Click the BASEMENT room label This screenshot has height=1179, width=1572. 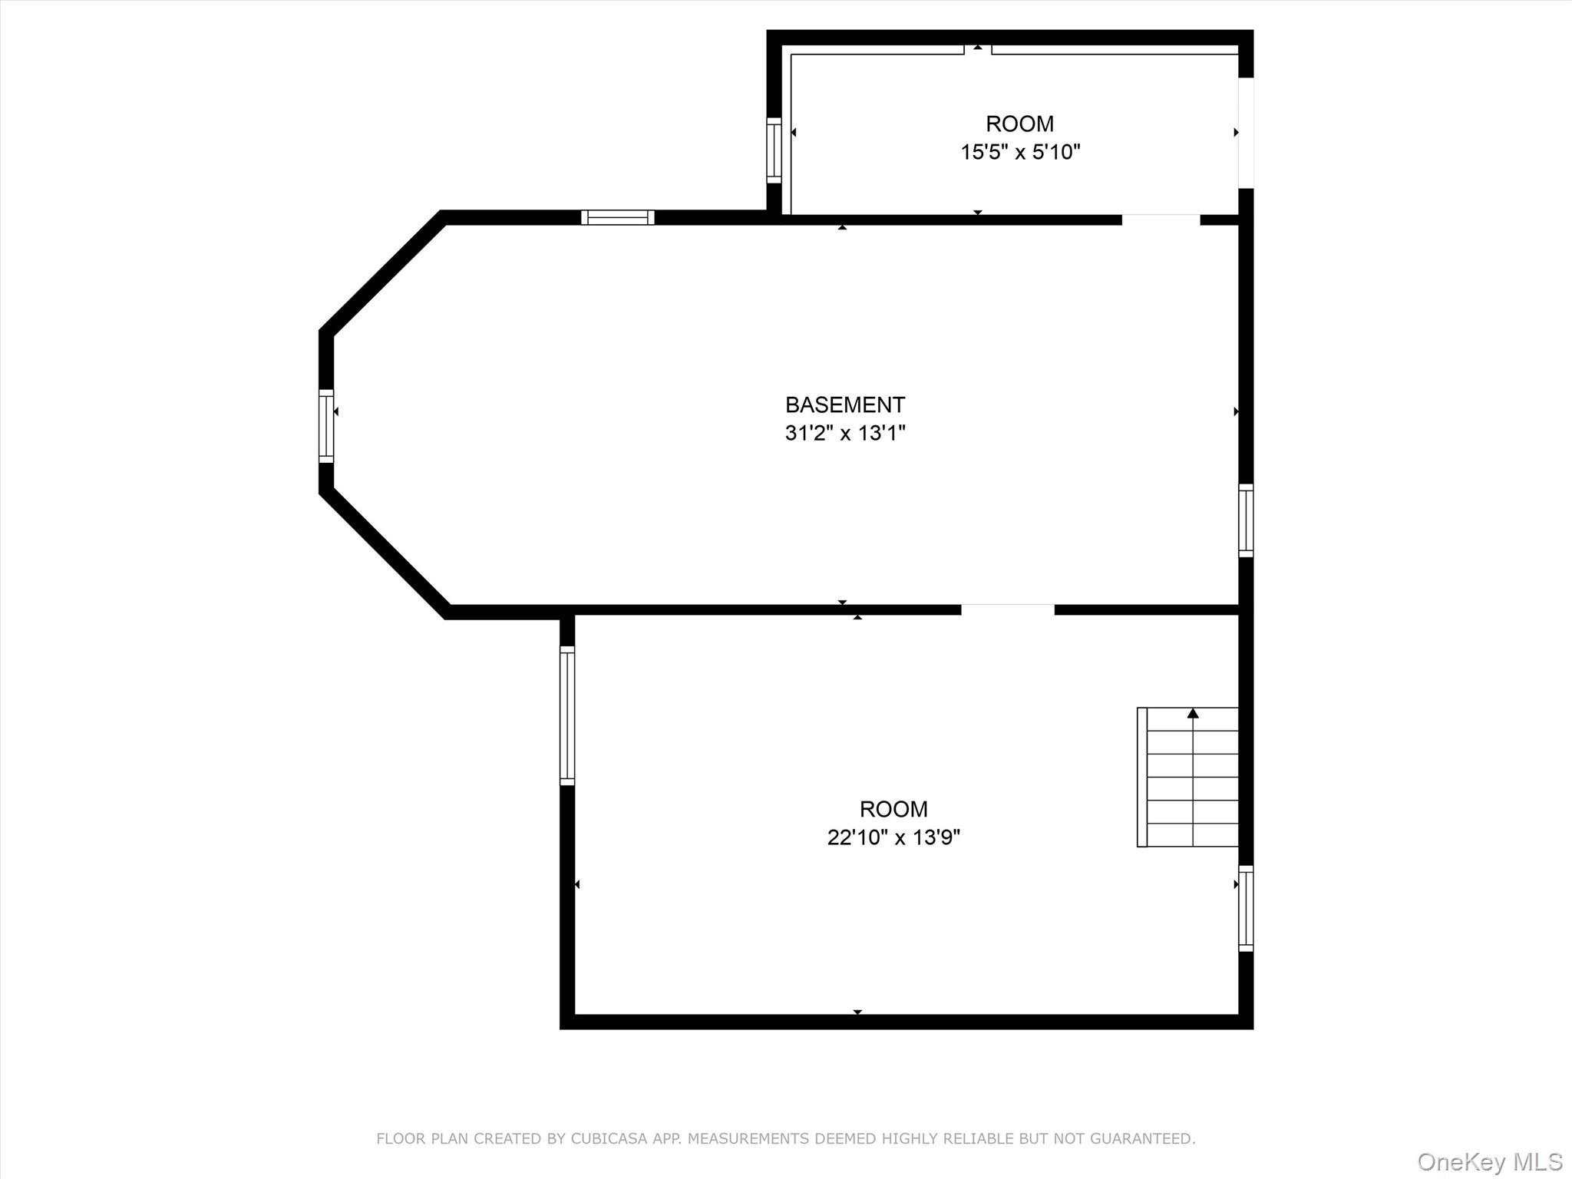pos(844,405)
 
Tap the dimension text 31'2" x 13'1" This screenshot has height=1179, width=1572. pos(844,433)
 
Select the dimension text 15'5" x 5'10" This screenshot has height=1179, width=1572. pos(1019,152)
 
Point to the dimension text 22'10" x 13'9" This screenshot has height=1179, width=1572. pos(893,837)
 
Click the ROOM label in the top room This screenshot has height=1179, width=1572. pos(1019,124)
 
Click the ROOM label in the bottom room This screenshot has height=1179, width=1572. pos(893,809)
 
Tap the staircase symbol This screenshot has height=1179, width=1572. pos(1187,777)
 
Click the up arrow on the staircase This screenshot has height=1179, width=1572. pos(1193,714)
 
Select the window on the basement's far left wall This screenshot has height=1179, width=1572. pos(326,426)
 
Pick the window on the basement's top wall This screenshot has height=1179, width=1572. pos(617,217)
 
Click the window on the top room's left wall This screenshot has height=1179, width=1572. pos(774,150)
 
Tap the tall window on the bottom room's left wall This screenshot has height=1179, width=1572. pos(567,715)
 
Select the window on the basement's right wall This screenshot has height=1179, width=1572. pos(1246,520)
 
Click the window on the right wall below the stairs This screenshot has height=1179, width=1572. pos(1246,908)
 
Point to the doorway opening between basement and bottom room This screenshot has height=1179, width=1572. pos(1007,609)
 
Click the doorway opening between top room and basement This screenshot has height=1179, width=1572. pos(1161,220)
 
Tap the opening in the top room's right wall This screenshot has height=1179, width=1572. pos(1246,133)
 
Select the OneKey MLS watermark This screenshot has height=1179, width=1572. pos(1489,1161)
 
